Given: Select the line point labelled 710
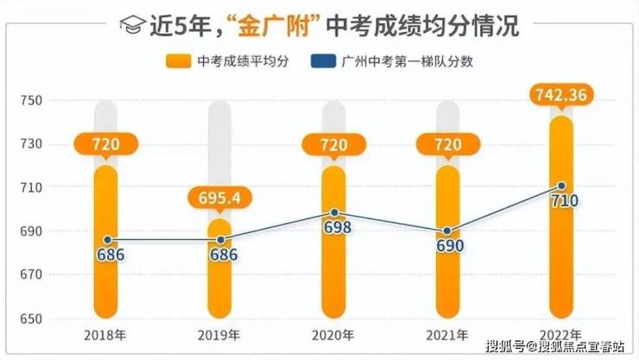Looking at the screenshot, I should click(x=561, y=186).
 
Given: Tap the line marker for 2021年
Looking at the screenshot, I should click(x=447, y=231).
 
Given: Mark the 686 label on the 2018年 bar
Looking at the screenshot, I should click(x=105, y=256).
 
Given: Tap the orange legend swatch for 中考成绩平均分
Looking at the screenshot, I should click(x=177, y=60).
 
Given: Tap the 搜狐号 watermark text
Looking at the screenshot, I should click(x=503, y=348).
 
